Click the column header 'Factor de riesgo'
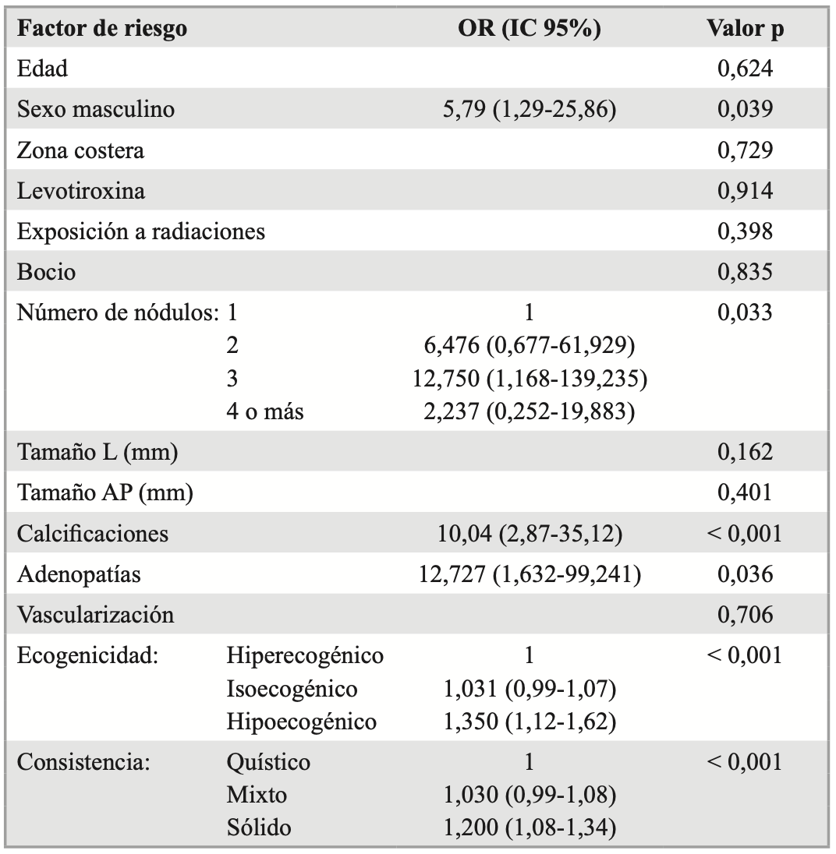[102, 29]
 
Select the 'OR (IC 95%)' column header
[529, 29]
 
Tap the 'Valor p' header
[745, 29]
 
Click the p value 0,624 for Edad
[745, 69]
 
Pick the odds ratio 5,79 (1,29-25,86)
[529, 110]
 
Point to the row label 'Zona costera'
[80, 150]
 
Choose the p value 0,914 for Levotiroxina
[745, 191]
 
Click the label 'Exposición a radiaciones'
[141, 231]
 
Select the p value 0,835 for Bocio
[745, 272]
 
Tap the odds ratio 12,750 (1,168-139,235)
[529, 379]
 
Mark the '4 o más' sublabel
[264, 412]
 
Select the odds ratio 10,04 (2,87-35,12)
[529, 534]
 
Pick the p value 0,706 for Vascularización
[745, 616]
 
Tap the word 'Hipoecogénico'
[302, 722]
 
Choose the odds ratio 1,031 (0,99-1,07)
[529, 690]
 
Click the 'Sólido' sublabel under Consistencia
[259, 828]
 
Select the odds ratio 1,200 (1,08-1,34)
[529, 828]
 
